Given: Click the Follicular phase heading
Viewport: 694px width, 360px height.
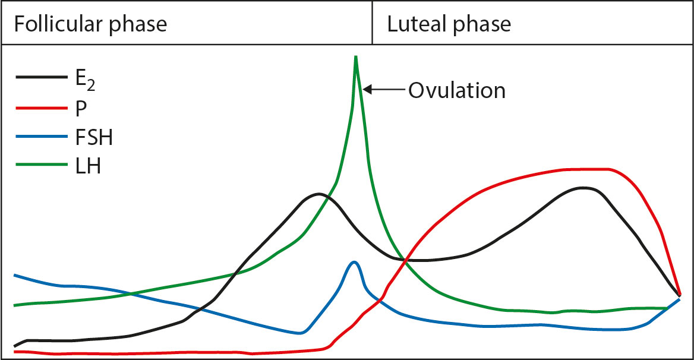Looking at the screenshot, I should [90, 24].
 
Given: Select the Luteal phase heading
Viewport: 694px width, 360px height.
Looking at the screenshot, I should [449, 24].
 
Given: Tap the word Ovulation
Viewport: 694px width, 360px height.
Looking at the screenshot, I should [456, 91].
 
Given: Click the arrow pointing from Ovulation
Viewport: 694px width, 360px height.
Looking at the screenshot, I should [384, 90].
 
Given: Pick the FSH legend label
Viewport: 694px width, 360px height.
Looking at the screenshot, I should [94, 138].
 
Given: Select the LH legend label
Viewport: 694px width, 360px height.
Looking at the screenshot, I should [88, 167].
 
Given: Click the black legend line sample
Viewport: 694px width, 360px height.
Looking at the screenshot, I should [42, 77].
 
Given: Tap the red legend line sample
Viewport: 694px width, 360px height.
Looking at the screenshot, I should [42, 108].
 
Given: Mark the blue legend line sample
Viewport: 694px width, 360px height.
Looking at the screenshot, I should [42, 137].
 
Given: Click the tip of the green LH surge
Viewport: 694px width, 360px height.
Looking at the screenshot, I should [355, 57].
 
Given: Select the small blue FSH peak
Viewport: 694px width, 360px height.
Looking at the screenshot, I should [355, 262].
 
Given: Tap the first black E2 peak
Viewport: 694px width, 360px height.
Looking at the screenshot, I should [319, 194].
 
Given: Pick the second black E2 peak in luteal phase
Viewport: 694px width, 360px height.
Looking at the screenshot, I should [583, 188].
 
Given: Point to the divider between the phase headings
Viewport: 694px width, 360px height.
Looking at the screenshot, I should [373, 23].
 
